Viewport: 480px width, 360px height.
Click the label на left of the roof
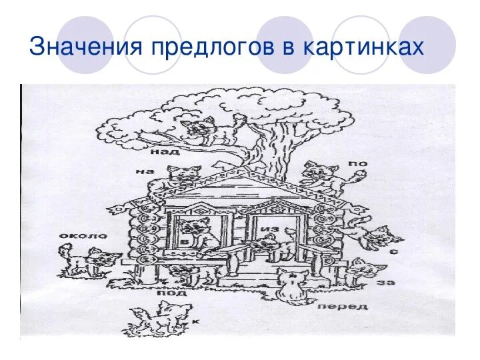pos(145,171)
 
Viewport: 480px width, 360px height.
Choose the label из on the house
pos(269,229)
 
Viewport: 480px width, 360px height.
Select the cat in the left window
pos(197,233)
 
